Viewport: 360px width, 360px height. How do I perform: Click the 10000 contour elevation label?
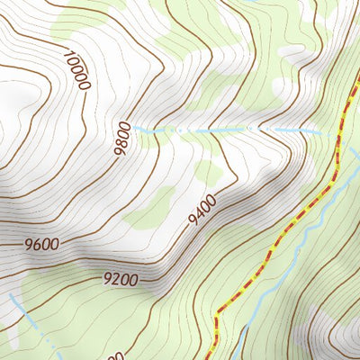[x=77, y=68]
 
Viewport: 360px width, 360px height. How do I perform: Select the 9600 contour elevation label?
[x=42, y=244]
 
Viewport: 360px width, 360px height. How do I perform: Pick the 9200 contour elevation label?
[x=120, y=280]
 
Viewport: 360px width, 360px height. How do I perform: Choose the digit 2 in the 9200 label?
[x=116, y=280]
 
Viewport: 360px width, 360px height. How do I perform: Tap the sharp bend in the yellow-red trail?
[x=217, y=318]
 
